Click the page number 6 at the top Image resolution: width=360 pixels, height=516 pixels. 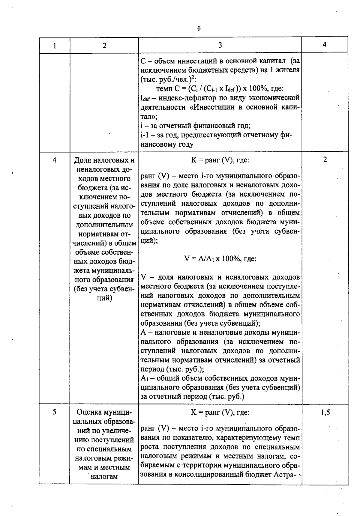click(199, 28)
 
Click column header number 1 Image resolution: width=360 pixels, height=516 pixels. click(54, 46)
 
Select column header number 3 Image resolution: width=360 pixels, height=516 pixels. click(220, 45)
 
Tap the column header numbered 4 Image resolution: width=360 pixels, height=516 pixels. click(325, 45)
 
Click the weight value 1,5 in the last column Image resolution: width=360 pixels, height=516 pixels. click(325, 413)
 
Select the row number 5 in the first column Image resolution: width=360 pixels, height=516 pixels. click(54, 412)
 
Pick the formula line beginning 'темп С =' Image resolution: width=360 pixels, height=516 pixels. click(220, 89)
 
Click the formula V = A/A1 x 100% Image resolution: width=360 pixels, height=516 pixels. click(220, 258)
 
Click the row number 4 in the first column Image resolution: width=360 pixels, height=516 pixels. click(54, 160)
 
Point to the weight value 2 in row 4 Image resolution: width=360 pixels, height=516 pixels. click(325, 160)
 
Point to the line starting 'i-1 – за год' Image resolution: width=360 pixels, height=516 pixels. click(216, 135)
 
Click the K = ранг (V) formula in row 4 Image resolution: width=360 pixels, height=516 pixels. click(220, 160)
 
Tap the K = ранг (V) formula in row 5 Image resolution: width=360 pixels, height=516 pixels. click(220, 413)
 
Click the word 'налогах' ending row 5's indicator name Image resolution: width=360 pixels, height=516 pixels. click(104, 476)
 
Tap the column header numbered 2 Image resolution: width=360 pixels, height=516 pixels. click(104, 46)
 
